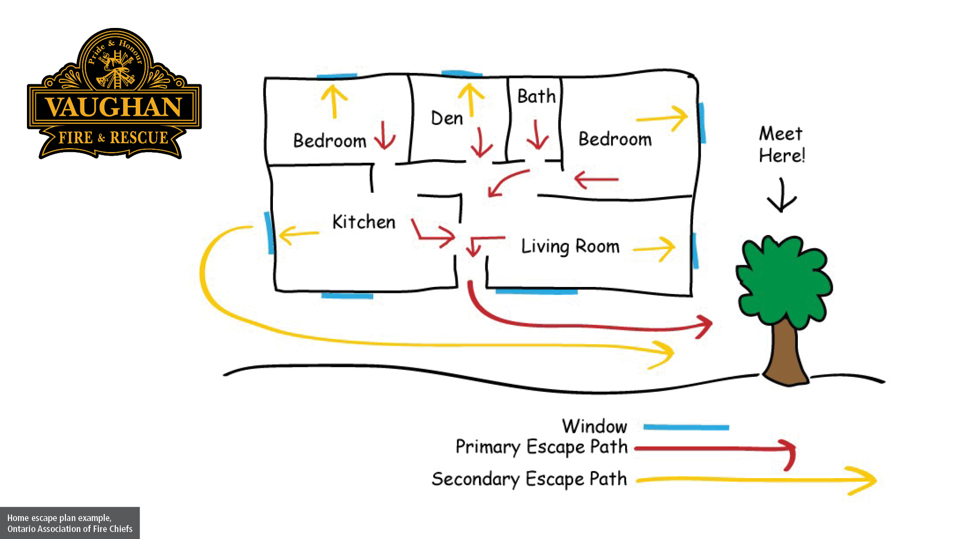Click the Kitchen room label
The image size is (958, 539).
(x=364, y=222)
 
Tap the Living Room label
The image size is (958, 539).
(x=570, y=247)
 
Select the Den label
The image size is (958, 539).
(x=447, y=119)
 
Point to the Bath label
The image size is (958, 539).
(x=536, y=96)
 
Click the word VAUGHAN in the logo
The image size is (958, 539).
(x=114, y=107)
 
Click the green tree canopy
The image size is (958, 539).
(x=783, y=279)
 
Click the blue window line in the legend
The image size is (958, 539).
(x=686, y=427)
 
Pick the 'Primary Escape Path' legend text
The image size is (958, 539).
(x=541, y=447)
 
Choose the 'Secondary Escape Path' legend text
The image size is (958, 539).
(x=529, y=479)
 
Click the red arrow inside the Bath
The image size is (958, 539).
(x=537, y=135)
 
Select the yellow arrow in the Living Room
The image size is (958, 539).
(x=655, y=248)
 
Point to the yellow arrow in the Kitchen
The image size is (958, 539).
(x=298, y=234)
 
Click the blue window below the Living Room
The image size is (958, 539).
(x=536, y=290)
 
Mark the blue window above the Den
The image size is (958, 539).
(x=462, y=74)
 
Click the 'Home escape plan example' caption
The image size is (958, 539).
(x=70, y=523)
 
